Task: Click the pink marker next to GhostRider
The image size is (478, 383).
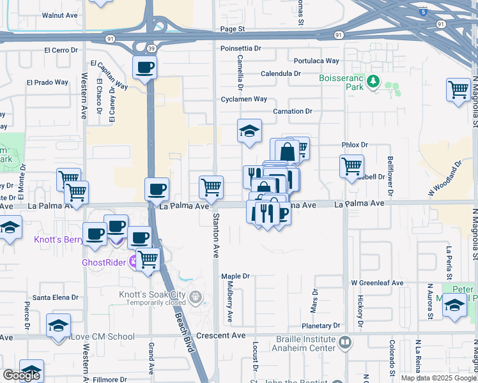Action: click(133, 261)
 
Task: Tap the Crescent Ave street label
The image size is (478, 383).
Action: click(221, 336)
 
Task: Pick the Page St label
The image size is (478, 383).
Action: click(233, 29)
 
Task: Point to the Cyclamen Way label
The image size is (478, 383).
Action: click(243, 99)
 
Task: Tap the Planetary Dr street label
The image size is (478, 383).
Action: click(338, 326)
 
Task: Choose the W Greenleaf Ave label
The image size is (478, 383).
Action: click(377, 283)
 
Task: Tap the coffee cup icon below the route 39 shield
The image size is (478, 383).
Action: click(145, 66)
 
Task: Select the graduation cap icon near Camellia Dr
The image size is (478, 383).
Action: click(250, 131)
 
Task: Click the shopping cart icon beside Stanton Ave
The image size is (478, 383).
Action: click(211, 187)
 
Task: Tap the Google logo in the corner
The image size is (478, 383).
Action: click(21, 375)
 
